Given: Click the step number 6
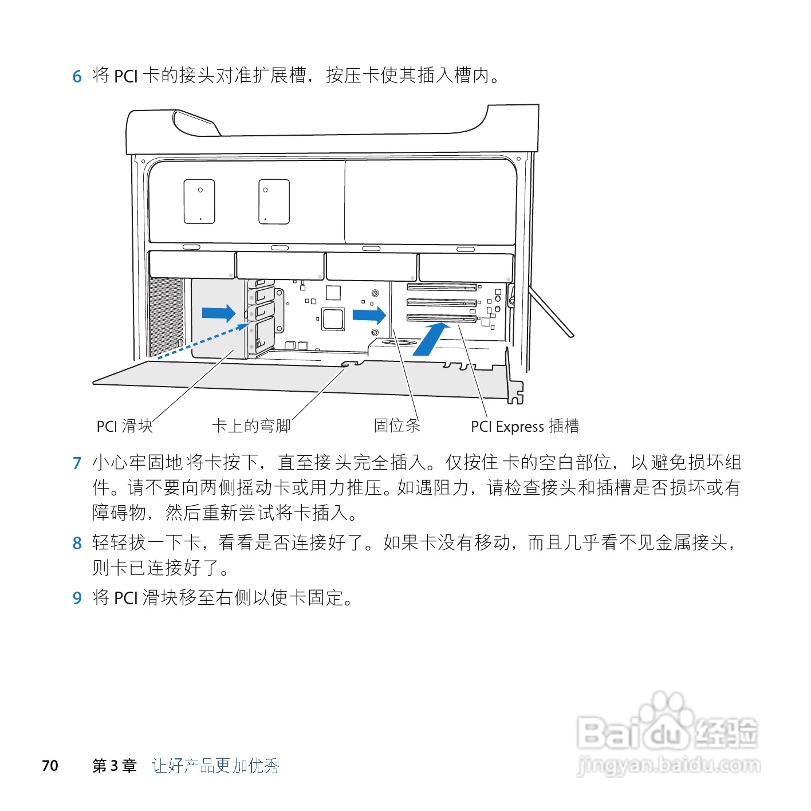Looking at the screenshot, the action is click(x=77, y=76).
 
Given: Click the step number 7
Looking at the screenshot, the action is click(x=77, y=463).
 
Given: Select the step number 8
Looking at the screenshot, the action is click(x=77, y=543).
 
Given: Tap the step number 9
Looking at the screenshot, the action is click(x=77, y=598).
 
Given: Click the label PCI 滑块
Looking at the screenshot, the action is click(x=124, y=426).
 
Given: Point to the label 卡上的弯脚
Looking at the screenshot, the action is click(x=251, y=426).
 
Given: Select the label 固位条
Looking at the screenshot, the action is click(x=397, y=425).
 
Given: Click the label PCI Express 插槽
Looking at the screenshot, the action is click(x=525, y=426).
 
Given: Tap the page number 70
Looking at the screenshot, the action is click(x=50, y=766).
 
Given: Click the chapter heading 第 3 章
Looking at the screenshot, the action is click(x=115, y=766).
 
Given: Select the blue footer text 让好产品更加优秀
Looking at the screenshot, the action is click(x=215, y=766).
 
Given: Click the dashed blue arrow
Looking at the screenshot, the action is click(x=203, y=341).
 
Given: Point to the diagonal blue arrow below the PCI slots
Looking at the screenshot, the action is click(x=430, y=339).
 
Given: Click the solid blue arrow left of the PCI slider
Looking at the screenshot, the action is click(x=218, y=313).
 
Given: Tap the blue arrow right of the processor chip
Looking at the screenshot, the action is click(x=369, y=315).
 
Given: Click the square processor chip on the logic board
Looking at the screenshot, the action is click(x=333, y=318).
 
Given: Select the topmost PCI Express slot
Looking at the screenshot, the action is click(x=442, y=287).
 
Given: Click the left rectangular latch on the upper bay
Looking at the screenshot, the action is click(x=199, y=201).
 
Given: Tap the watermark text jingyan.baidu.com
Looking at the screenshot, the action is click(x=668, y=765).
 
